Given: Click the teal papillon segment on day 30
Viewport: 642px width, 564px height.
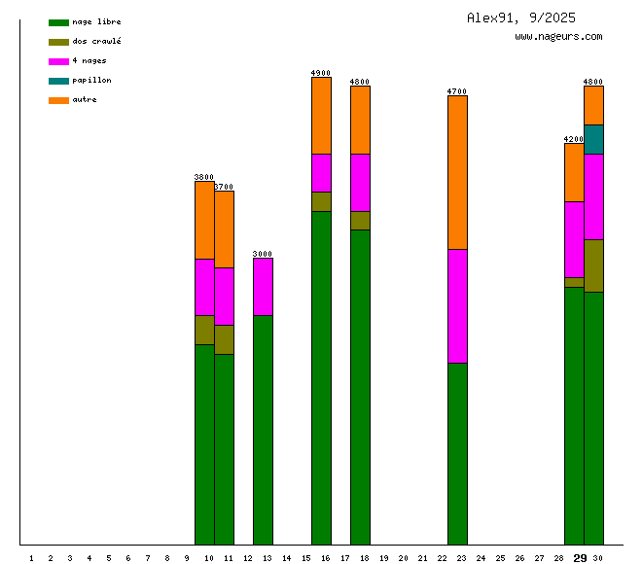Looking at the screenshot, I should [x=593, y=139].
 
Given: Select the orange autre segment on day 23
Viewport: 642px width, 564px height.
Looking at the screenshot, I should [x=457, y=172].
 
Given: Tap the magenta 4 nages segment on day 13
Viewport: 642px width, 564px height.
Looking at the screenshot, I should [x=263, y=286].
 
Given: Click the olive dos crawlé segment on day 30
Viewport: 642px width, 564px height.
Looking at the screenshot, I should [x=593, y=265].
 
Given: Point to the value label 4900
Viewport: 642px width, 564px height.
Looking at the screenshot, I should [x=321, y=73].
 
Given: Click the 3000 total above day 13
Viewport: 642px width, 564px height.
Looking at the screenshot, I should [x=263, y=254].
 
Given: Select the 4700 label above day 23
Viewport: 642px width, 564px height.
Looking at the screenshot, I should [x=457, y=91].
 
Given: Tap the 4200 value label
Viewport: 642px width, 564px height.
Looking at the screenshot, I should [x=574, y=139].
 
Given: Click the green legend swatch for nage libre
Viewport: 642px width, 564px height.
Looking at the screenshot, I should [x=58, y=22].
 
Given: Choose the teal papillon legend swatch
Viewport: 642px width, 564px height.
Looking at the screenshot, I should [x=58, y=81].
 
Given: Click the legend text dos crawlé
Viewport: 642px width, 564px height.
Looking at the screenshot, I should [x=96, y=42].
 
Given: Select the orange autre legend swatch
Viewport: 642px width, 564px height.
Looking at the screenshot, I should [x=58, y=100].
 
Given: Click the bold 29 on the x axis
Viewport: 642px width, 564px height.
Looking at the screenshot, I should [x=580, y=558].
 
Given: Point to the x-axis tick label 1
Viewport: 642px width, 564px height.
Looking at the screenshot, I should [x=31, y=558].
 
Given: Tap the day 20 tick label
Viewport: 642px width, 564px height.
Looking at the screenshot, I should [x=403, y=558].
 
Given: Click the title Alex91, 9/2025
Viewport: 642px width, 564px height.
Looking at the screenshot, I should [x=520, y=18].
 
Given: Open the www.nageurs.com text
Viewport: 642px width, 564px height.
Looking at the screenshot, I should [x=558, y=37].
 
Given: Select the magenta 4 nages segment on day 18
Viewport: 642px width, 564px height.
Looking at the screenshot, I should [x=360, y=182].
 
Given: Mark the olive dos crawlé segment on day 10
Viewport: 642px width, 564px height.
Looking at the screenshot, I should [x=204, y=330].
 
